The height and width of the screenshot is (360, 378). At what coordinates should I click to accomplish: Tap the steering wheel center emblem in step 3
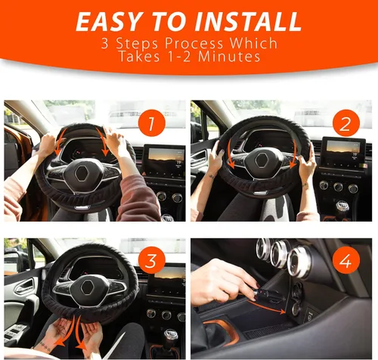(89, 288)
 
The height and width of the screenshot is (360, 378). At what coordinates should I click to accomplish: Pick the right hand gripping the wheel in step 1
(116, 141)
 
